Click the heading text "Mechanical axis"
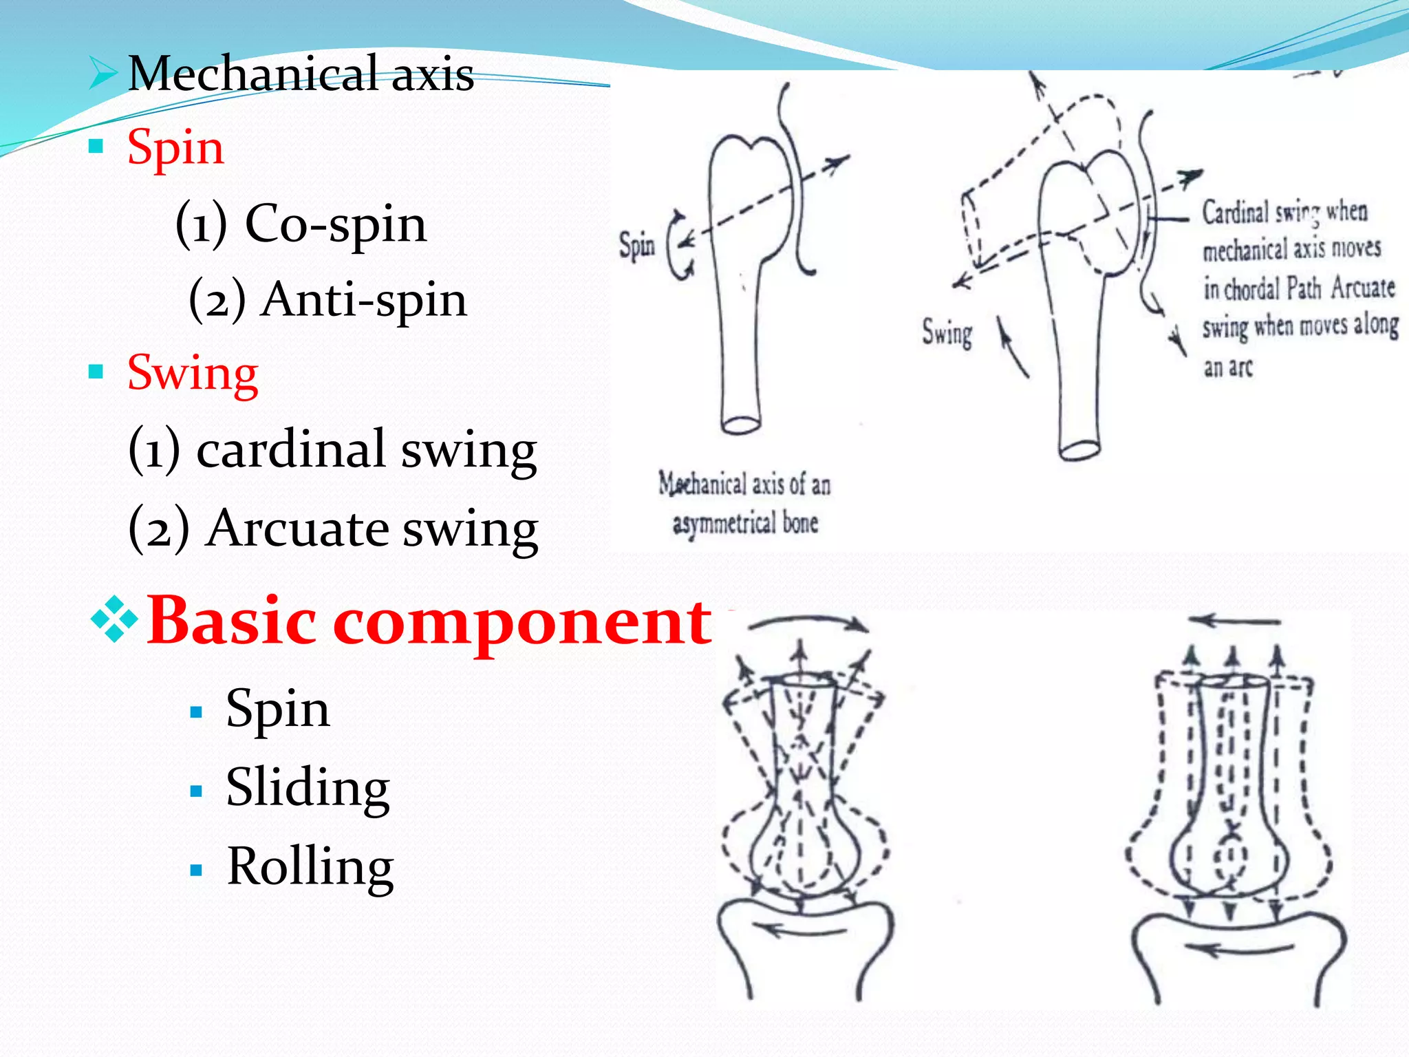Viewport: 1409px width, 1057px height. coord(301,74)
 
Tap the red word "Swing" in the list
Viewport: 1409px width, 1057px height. coord(193,373)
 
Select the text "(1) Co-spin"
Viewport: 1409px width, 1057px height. coord(301,224)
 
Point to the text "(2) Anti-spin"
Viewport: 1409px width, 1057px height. coord(327,299)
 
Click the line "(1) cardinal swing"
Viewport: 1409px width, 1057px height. coord(332,449)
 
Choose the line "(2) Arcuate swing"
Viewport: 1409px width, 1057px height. coord(333,528)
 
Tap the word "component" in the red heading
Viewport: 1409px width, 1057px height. coord(522,621)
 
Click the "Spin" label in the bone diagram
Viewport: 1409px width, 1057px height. coord(636,246)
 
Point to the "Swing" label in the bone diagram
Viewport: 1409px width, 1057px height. coord(947,334)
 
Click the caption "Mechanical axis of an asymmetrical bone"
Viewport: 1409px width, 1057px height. coord(744,503)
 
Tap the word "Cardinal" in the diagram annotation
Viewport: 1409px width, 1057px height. coord(1234,212)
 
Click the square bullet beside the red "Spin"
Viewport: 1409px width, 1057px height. coord(96,147)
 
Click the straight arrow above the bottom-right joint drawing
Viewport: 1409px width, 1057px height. coord(1234,621)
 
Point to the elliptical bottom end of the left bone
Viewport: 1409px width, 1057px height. coord(741,425)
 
